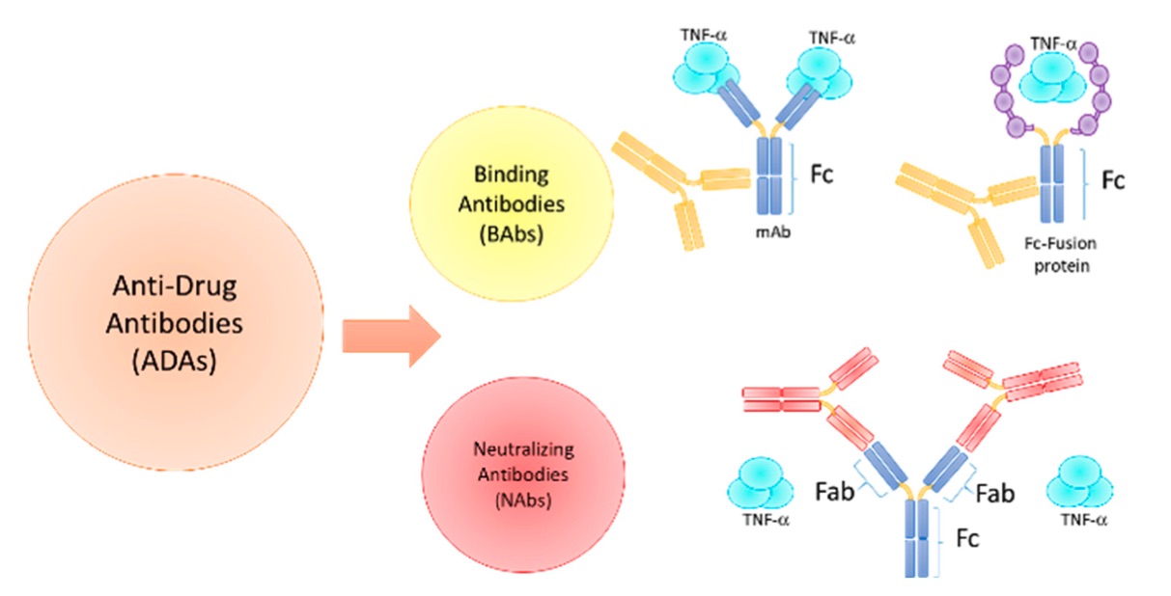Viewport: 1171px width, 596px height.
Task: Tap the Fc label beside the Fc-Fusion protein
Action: (x=1114, y=179)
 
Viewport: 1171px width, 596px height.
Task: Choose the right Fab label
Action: (x=994, y=494)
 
